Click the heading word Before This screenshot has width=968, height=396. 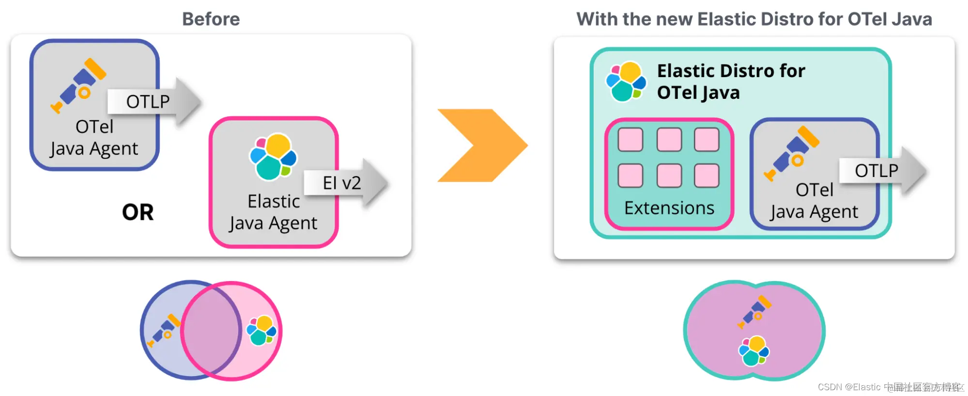point(211,19)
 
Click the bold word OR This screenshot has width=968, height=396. point(138,212)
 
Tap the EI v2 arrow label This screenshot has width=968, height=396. point(342,183)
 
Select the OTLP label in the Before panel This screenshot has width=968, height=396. point(148,102)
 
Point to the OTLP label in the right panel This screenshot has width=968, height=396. point(876,171)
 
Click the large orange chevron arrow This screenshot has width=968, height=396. point(482,145)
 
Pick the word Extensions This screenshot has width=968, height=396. point(669,208)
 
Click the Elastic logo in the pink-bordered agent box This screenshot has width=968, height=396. point(273,157)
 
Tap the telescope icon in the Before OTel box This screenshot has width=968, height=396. point(79,85)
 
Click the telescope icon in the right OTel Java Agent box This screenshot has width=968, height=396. point(792,153)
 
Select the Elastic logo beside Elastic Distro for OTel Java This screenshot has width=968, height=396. point(626,81)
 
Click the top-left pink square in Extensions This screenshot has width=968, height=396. point(630,140)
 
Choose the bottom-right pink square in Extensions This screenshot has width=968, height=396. point(707,175)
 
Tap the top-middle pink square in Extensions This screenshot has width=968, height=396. point(669,140)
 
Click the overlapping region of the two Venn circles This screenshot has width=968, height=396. point(212,331)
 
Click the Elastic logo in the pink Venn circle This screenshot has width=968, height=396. point(261,330)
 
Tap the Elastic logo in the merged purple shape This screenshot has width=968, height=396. point(754,351)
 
